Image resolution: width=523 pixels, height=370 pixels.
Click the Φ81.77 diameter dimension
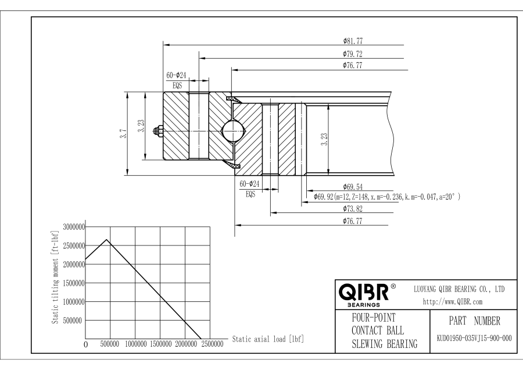coord(353,41)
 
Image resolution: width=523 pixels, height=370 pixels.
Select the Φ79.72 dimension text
coord(353,54)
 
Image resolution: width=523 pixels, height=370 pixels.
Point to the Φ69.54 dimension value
coord(353,187)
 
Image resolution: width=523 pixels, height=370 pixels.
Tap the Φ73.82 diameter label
coord(353,209)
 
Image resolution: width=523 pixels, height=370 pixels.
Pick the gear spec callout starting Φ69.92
coord(387,197)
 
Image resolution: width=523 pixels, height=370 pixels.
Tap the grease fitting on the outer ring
coord(159,131)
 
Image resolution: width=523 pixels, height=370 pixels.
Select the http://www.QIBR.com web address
coord(453,302)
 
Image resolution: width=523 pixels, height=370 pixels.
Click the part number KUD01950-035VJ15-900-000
coord(474,338)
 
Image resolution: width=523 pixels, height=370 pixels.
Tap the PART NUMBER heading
coord(474,321)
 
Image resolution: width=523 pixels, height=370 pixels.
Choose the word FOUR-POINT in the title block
coord(374,318)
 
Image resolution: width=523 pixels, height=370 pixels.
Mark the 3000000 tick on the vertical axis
coord(74,227)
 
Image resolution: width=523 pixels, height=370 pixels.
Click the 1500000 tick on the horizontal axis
coord(161,344)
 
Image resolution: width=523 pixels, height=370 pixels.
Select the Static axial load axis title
coord(268,339)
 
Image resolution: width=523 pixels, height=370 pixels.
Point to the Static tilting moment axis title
coord(55,277)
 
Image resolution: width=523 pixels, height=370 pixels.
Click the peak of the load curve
coord(106,240)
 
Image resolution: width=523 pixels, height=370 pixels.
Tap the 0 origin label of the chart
coord(86,344)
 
